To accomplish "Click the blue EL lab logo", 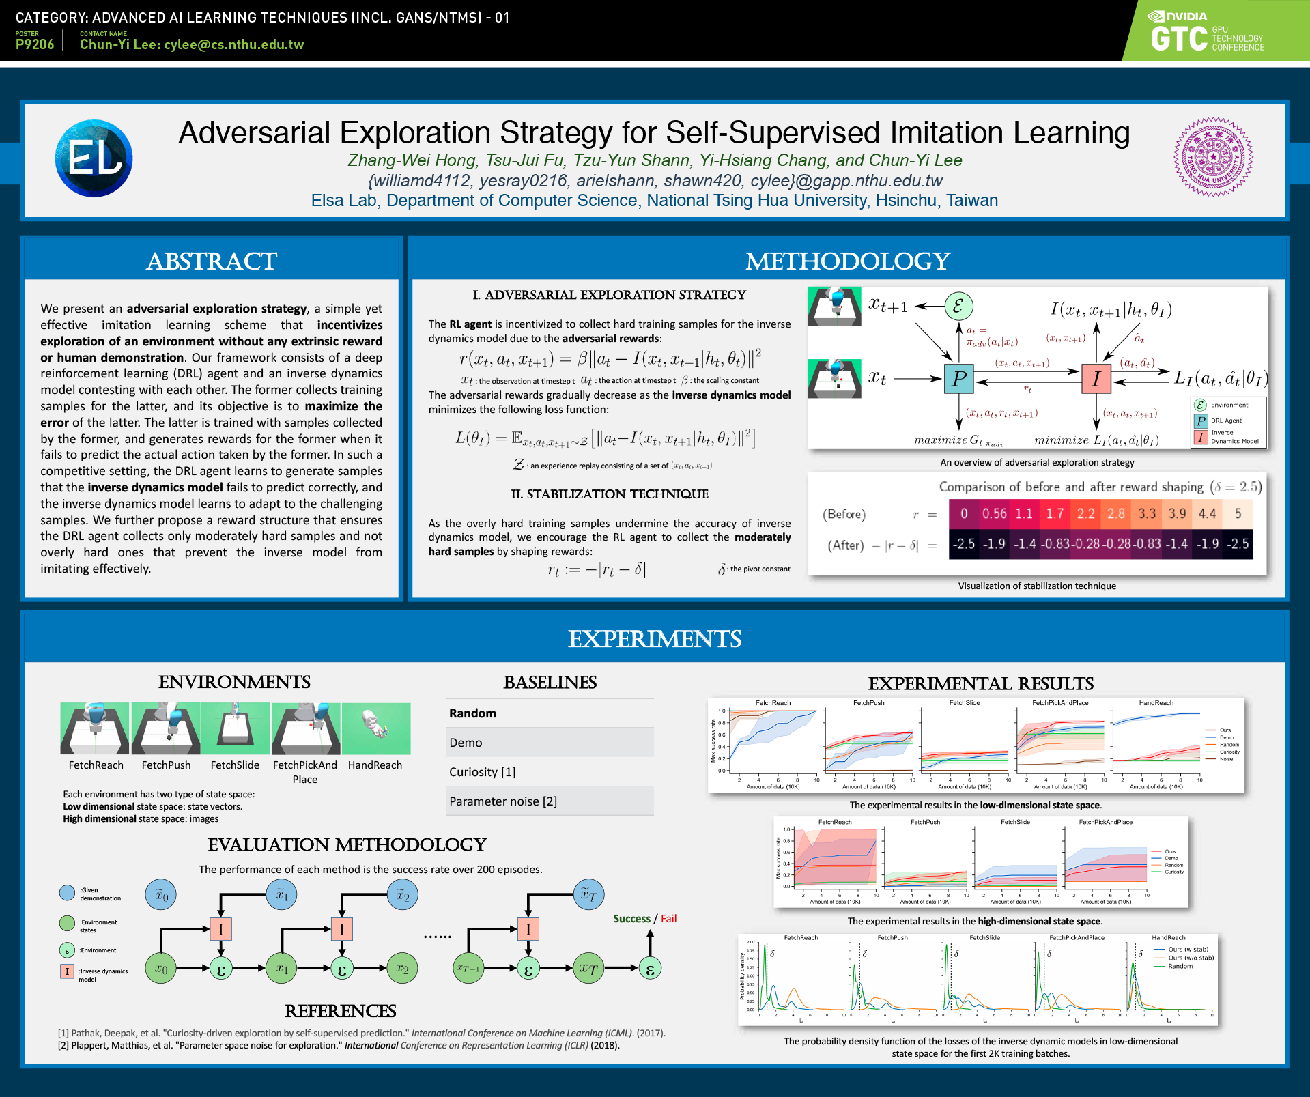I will coord(94,158).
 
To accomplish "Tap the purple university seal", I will coord(1212,157).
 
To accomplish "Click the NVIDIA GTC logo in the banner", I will coord(1207,32).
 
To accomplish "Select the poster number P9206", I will coord(34,44).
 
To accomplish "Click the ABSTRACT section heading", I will coord(211,261).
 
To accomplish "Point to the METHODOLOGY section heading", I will coord(847,261).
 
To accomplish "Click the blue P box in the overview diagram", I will coord(958,378).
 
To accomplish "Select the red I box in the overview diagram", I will coord(1096,378).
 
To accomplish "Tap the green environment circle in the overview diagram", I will coord(958,306).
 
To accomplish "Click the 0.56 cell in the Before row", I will coord(994,513).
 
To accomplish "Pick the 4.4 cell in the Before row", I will coord(1207,513).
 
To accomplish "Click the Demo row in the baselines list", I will coord(550,742).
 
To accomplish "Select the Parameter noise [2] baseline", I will coord(550,801).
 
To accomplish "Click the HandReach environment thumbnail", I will coord(376,728).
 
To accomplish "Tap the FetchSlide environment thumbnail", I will coord(236,728).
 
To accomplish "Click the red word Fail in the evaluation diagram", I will coord(669,919).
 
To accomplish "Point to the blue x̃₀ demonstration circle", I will coord(161,894).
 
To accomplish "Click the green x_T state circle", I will coord(588,968).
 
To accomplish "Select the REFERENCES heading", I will coord(340,1010).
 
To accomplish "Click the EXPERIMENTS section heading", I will coord(654,639).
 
